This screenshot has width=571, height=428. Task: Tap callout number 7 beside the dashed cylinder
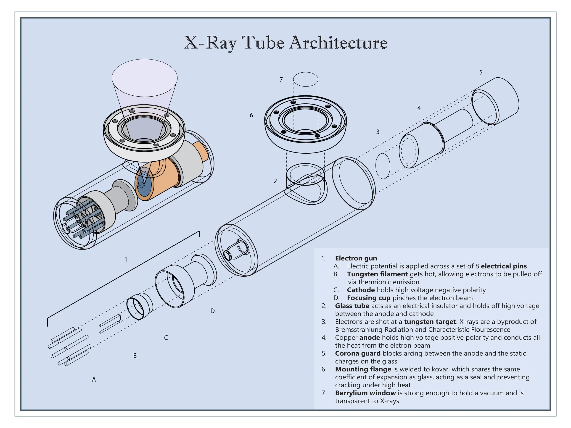tap(281, 79)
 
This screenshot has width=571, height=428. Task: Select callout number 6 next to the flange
tap(251, 115)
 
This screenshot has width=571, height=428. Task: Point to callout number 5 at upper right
tap(481, 73)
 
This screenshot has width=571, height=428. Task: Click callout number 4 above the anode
tap(419, 108)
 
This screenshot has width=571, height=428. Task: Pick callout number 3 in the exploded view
tap(378, 132)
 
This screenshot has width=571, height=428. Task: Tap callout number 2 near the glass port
tap(275, 181)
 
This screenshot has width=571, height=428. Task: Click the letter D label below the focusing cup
tap(212, 311)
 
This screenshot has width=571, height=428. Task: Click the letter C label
tap(166, 338)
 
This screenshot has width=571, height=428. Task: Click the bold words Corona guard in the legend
tap(357, 353)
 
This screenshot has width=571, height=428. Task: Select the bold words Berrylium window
tap(365, 393)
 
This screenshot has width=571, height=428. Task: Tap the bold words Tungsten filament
tap(377, 274)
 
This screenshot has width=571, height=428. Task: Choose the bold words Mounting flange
tap(363, 369)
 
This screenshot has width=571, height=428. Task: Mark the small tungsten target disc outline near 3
tap(383, 166)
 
